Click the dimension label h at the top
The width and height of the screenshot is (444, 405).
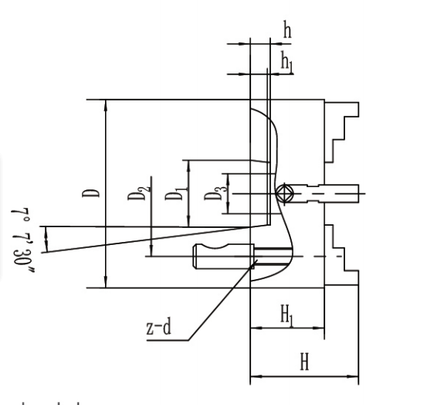click(x=287, y=30)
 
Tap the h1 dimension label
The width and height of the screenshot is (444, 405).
click(x=286, y=61)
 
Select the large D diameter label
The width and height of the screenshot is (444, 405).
click(x=90, y=193)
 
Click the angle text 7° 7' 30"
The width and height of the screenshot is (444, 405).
click(x=22, y=240)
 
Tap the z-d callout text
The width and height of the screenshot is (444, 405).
click(x=159, y=326)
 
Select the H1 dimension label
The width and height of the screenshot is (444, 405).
click(x=286, y=315)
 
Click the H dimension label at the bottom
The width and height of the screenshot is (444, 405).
click(x=304, y=362)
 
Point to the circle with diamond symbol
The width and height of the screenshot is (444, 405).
click(x=285, y=193)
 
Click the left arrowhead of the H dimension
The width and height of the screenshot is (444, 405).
click(x=256, y=376)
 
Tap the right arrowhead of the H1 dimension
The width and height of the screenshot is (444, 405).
click(x=318, y=328)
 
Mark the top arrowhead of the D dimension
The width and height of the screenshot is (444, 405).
click(x=106, y=105)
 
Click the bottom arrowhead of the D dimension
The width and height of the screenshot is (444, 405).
click(x=106, y=281)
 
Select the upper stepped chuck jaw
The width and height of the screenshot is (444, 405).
click(x=341, y=132)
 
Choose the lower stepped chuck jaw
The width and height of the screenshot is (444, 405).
click(x=341, y=254)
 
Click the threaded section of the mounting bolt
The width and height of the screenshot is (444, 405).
click(x=273, y=257)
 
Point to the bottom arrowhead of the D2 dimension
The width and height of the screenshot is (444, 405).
click(x=151, y=250)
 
